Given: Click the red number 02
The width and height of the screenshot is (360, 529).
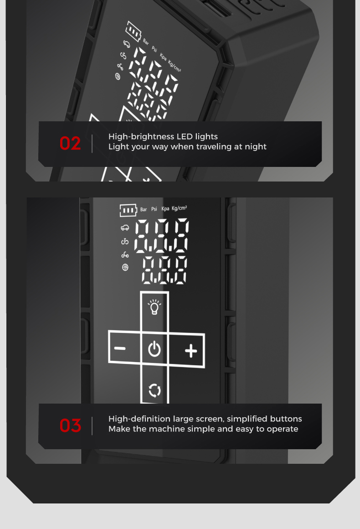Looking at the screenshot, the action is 70,143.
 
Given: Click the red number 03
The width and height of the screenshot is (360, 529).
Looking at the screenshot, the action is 70,425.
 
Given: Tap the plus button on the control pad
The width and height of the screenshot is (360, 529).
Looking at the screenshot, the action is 191,351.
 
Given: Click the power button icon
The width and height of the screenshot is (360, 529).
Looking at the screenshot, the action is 154,349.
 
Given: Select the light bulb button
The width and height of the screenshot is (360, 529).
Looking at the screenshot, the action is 154,306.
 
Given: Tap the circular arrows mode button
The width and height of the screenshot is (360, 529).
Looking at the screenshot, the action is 155,391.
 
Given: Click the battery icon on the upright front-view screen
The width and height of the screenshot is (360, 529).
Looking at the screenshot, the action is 128,210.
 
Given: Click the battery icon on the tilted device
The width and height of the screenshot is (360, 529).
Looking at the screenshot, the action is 133,31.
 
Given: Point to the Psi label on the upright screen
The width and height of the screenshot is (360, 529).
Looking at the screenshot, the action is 154,209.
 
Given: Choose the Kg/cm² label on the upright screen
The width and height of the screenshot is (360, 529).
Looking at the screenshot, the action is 180,208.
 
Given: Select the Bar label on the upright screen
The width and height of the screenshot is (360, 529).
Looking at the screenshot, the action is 144,209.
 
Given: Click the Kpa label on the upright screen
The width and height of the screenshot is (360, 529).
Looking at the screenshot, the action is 165,209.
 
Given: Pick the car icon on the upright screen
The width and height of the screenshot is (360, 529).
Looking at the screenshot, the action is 125,228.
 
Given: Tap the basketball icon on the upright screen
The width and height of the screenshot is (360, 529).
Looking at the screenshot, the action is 125,268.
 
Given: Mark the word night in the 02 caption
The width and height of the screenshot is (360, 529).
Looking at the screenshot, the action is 256,147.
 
